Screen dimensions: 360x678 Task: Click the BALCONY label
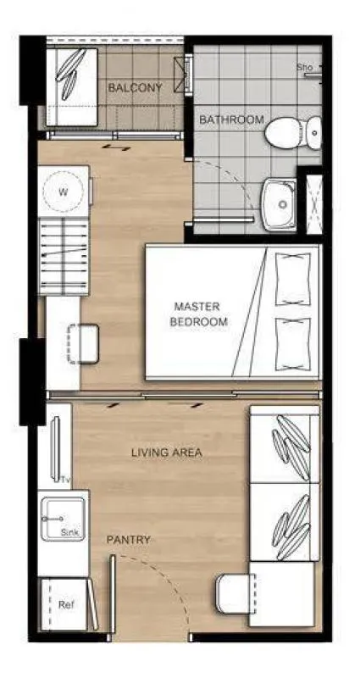[x=135, y=88]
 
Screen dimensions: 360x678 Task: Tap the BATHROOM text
[x=231, y=119]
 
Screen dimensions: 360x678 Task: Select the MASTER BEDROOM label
[x=199, y=314]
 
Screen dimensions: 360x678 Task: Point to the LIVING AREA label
[x=166, y=453]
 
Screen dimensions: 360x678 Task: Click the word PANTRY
[x=129, y=540]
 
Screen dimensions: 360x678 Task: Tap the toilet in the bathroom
[x=293, y=133]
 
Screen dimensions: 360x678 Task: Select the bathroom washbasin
[x=280, y=205]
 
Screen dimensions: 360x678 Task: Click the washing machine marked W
[x=64, y=192]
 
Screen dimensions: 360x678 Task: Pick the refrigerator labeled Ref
[x=64, y=604]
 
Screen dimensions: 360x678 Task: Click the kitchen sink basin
[x=63, y=519]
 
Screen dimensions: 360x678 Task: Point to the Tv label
[x=65, y=480]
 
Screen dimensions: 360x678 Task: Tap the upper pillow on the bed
[x=293, y=280]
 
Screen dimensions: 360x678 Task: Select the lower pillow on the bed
[x=293, y=344]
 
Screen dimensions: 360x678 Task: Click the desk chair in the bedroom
[x=83, y=344]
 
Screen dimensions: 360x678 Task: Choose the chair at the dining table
[x=236, y=593]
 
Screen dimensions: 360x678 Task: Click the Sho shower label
[x=304, y=68]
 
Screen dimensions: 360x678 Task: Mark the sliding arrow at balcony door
[x=116, y=147]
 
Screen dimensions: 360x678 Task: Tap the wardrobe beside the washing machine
[x=64, y=257]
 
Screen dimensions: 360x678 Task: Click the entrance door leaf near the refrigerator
[x=113, y=594]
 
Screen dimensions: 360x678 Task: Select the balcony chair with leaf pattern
[x=72, y=87]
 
